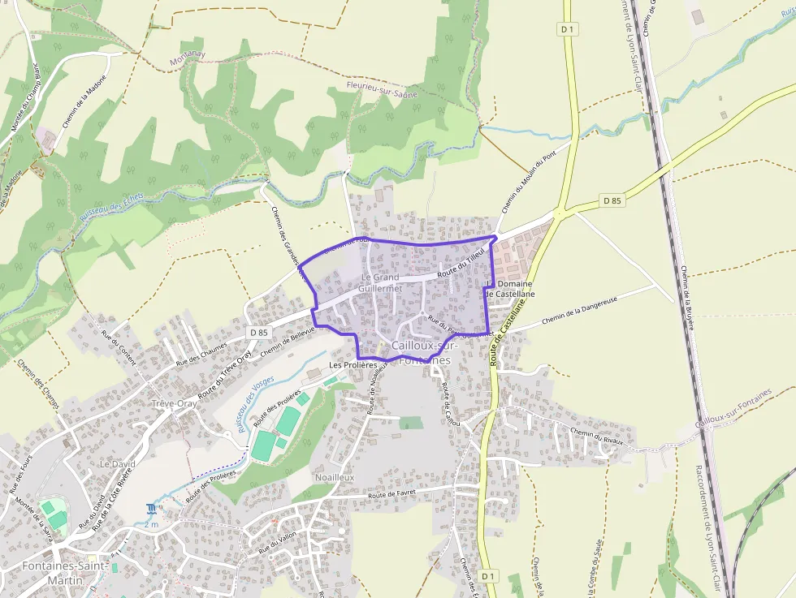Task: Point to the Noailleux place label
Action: click(334, 478)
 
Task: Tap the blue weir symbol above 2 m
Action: click(151, 509)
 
